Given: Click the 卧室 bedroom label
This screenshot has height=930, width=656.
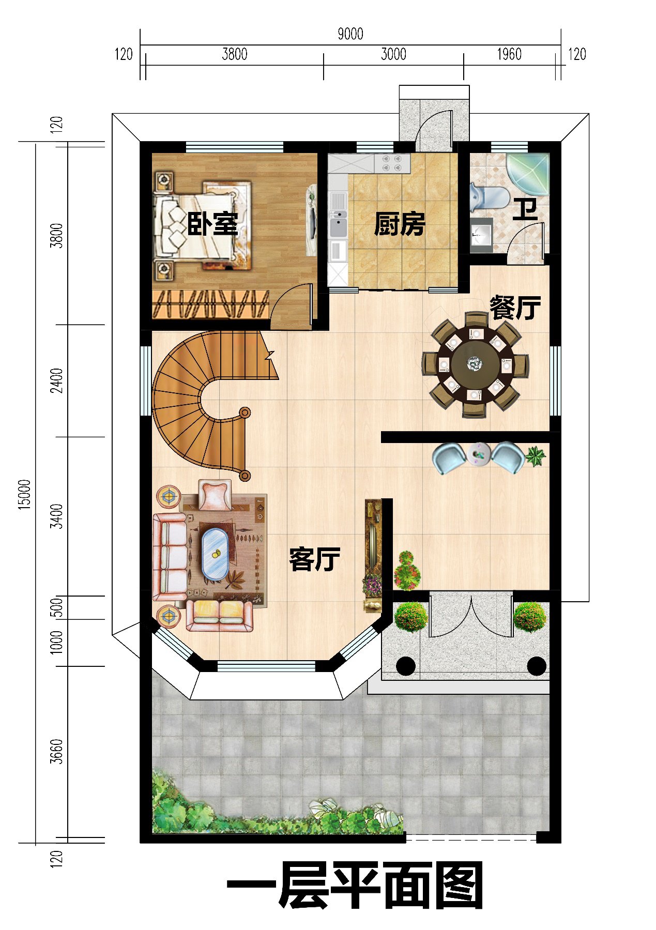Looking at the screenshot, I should [212, 224].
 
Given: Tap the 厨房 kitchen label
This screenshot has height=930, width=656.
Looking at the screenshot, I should [400, 224].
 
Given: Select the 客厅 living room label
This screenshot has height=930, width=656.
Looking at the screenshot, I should [314, 559].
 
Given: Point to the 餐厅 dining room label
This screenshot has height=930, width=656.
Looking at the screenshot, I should [515, 308].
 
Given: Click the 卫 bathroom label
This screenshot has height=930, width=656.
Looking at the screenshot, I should [525, 209].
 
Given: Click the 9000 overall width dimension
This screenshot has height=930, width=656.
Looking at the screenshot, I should [350, 34].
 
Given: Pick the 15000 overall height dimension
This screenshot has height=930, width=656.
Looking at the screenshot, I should [25, 494].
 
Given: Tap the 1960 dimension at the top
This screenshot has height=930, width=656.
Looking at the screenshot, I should [509, 54].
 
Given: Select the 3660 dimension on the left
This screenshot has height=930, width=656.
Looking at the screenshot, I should [57, 751].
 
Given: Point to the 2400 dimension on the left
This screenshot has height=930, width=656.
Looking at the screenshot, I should [57, 380].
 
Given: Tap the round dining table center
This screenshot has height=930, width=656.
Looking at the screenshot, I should [475, 364].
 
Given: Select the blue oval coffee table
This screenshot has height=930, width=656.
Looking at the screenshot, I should [215, 553].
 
